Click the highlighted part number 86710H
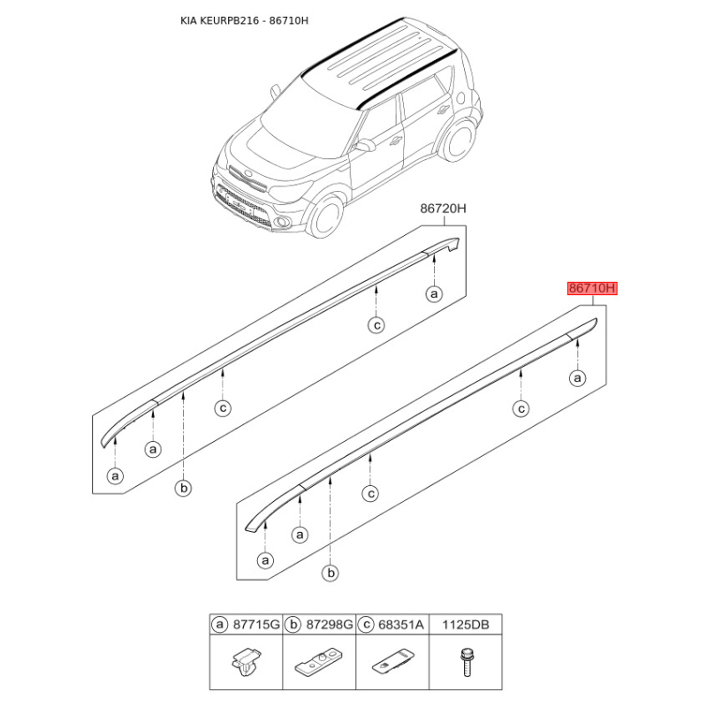[x=592, y=288]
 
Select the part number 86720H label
[x=444, y=209]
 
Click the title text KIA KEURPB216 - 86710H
[x=245, y=20]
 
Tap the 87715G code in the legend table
[x=256, y=625]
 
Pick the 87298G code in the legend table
[x=330, y=625]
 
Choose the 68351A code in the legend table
[x=401, y=625]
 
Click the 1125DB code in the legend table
[x=466, y=625]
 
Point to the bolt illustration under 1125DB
[x=466, y=662]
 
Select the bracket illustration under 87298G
[x=319, y=662]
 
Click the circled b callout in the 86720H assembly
[x=184, y=488]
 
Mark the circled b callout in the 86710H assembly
[x=331, y=573]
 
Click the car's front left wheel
[x=326, y=217]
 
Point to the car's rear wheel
[x=458, y=138]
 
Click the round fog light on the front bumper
[x=285, y=222]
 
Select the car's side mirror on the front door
[x=364, y=145]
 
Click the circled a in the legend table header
[x=219, y=625]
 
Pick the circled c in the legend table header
[x=366, y=625]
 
